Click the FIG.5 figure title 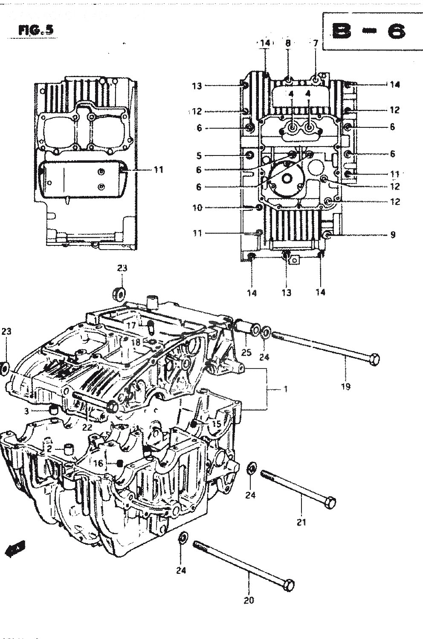(36, 30)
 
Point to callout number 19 (345, 386)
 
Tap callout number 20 (249, 600)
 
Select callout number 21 (301, 522)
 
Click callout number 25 (246, 352)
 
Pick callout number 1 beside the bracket (286, 389)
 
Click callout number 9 (393, 234)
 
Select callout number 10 (197, 208)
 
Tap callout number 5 (199, 155)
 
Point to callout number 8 (288, 43)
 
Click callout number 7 (315, 43)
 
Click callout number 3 (26, 411)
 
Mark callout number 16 (99, 463)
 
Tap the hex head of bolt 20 (289, 584)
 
